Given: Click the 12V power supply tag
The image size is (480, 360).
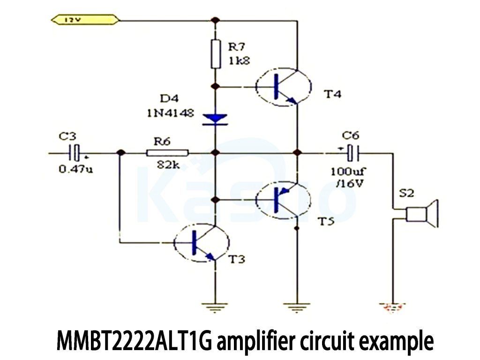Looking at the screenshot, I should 85,20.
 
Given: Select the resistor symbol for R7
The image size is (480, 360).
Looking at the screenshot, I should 215,54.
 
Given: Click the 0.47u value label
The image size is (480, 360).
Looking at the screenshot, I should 75,169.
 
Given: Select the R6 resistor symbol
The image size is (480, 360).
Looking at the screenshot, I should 167,153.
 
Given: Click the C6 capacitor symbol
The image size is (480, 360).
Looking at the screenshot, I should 350,153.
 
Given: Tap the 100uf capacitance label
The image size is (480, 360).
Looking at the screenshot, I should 346,171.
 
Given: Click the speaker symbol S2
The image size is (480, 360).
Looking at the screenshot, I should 422,213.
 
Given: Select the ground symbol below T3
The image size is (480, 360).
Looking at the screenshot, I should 215,307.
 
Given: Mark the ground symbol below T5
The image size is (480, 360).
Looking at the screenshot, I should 296,307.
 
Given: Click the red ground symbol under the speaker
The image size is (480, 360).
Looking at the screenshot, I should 393,307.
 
